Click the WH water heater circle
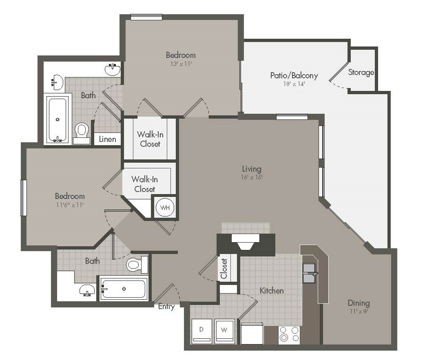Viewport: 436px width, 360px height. point(165,208)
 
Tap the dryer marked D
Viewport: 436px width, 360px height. point(201,331)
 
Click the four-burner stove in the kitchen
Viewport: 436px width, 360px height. point(289,334)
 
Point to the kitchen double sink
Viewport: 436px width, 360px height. point(309,273)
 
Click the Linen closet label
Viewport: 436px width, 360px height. point(108,139)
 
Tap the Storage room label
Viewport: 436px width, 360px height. point(361,72)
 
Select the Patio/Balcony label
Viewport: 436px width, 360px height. point(294,75)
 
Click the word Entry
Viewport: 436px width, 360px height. point(166,307)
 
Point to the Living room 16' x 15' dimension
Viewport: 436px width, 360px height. point(252,177)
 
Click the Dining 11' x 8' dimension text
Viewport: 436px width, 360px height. point(359,311)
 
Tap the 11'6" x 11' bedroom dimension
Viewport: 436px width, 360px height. point(70,205)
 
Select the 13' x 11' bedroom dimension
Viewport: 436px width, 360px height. point(181,64)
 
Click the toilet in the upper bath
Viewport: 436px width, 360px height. point(82,133)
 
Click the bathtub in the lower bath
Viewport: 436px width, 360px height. point(124,289)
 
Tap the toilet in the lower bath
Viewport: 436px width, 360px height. point(137,264)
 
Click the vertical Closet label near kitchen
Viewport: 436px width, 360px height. point(224,269)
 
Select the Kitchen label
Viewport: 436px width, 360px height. point(272,291)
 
